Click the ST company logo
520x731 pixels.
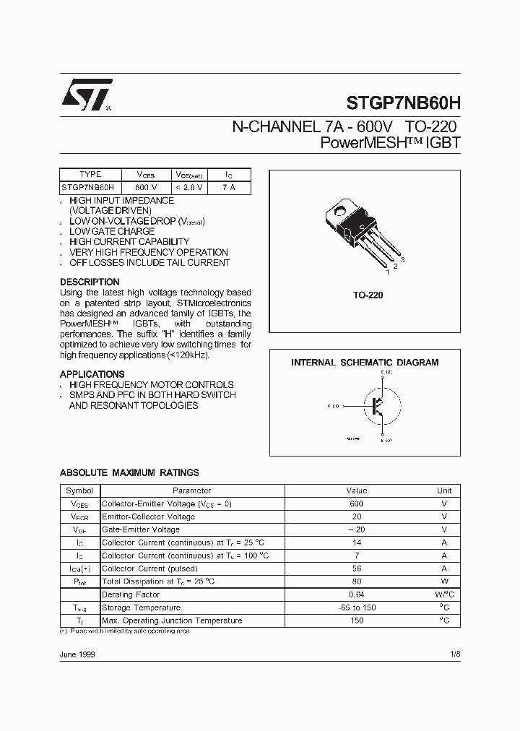click(86, 95)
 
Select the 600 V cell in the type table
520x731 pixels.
click(145, 186)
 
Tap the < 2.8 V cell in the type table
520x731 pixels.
click(190, 186)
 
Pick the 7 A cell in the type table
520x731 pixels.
click(228, 186)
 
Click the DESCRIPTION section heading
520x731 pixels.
click(90, 282)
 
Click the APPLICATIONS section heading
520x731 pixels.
click(92, 374)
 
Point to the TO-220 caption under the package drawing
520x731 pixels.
click(368, 295)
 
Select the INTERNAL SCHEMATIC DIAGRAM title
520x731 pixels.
click(365, 363)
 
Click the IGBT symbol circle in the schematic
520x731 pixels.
click(377, 406)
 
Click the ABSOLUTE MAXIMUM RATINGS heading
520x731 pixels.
click(129, 472)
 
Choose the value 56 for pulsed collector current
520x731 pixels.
click(356, 568)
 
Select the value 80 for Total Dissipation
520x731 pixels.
click(356, 581)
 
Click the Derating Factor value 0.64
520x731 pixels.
click(356, 594)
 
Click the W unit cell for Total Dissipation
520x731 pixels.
click(445, 581)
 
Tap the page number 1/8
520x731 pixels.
click(455, 653)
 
